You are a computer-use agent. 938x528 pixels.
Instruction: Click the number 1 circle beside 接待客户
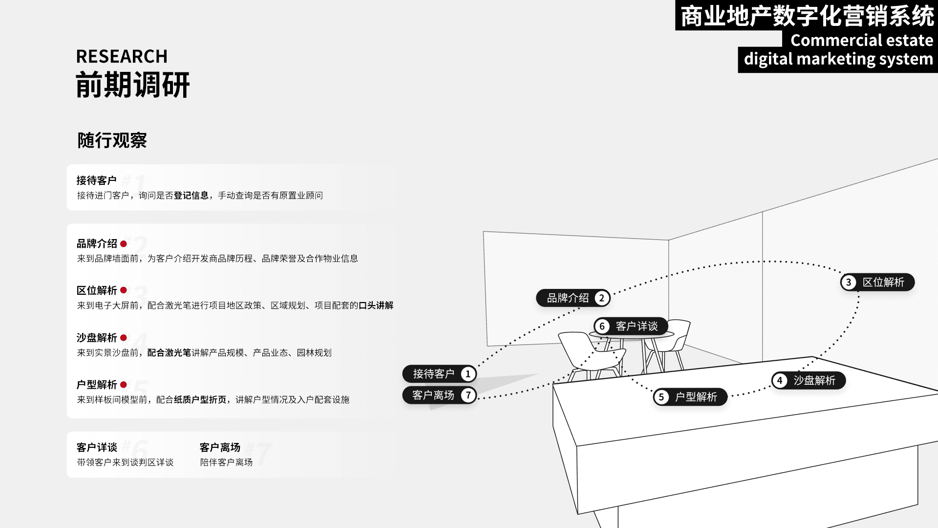pos(468,374)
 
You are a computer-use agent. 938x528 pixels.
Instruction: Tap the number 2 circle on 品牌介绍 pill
pos(601,298)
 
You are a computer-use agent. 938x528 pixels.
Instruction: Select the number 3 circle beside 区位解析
pos(849,282)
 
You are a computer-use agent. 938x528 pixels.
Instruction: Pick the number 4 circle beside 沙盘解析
pos(780,380)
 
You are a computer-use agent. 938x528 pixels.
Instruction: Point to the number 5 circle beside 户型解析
pos(661,397)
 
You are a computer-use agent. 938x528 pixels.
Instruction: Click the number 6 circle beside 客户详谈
pos(602,326)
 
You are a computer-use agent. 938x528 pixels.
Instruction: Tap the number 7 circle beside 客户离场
pos(468,395)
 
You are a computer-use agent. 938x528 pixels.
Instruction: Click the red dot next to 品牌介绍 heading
pos(124,243)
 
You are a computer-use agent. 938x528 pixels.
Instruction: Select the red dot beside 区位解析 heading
pos(124,290)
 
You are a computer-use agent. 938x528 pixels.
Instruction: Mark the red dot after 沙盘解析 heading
pos(124,338)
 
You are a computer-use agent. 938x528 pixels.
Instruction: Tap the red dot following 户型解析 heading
pos(124,385)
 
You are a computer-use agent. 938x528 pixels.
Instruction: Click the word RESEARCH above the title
pos(122,57)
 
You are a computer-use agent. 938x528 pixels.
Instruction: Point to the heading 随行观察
pos(112,140)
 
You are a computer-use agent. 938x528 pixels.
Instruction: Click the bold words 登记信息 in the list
pos(191,196)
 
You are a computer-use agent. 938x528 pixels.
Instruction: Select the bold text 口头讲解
pos(376,306)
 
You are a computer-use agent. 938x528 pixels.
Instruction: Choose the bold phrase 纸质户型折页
pos(200,400)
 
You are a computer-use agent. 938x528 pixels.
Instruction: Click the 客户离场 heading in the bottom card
pos(220,447)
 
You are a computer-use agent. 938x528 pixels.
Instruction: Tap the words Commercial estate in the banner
pos(861,40)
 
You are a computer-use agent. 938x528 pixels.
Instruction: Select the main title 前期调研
pos(132,85)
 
